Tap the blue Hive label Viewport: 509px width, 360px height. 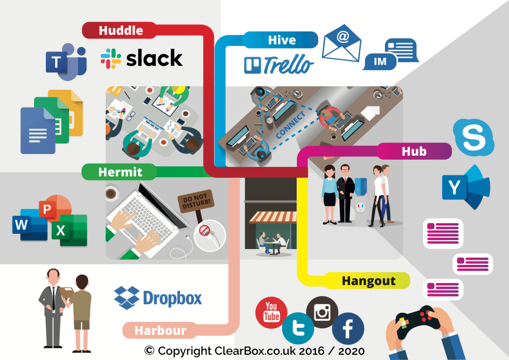tap(281, 40)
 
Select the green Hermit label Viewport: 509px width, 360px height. tap(119, 172)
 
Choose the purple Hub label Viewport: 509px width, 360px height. tap(414, 151)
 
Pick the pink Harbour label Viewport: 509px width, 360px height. tap(160, 330)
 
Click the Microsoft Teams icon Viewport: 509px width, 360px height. tap(65, 60)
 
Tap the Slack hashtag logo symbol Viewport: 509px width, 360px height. tap(110, 58)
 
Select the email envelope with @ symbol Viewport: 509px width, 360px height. tap(342, 45)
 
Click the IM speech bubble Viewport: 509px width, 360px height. tap(381, 61)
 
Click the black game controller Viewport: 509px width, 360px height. tap(416, 323)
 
